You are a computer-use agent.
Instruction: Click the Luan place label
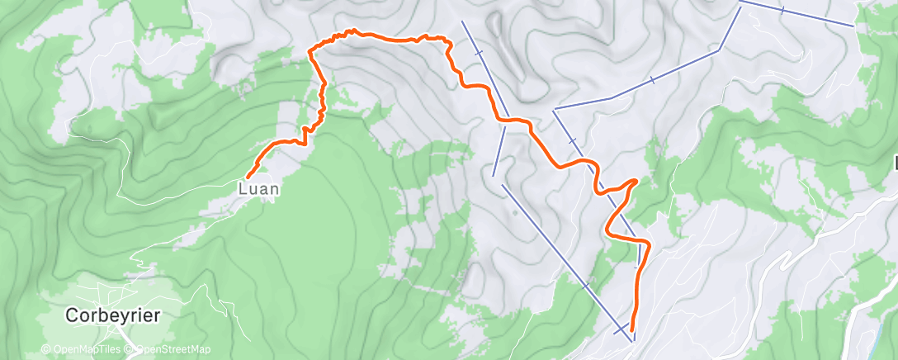(258, 188)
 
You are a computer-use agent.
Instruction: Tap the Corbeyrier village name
(113, 315)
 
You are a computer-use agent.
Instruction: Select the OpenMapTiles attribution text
(83, 350)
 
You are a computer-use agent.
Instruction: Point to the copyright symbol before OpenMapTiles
(46, 350)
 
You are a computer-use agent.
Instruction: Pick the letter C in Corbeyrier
(72, 315)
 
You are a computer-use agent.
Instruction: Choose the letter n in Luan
(273, 188)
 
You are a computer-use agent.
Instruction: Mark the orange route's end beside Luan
(247, 177)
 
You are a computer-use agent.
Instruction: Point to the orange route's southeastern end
(632, 329)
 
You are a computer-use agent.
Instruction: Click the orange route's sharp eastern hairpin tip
(636, 180)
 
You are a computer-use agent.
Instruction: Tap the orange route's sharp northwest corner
(310, 51)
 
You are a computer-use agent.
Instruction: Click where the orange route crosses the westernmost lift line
(503, 120)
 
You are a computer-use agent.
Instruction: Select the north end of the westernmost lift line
(461, 20)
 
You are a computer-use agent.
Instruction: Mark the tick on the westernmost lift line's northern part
(479, 53)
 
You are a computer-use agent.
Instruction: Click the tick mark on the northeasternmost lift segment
(782, 10)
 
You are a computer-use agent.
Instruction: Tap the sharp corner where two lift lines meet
(720, 50)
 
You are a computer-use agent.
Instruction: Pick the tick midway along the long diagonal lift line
(587, 286)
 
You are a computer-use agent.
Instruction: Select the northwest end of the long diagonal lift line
(503, 191)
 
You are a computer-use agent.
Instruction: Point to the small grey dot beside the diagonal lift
(515, 213)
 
